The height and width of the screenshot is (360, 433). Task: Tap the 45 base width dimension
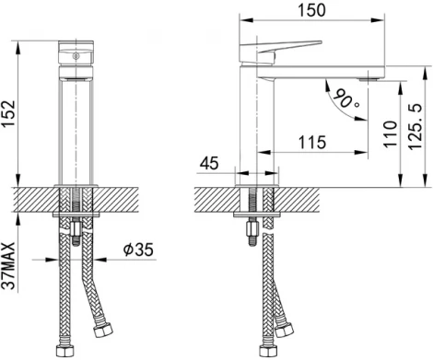tap(210, 164)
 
